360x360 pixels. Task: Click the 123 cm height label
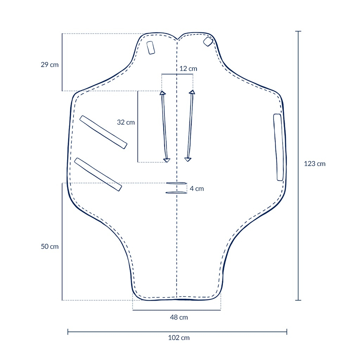(x=315, y=164)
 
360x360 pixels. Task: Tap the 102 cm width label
(x=179, y=338)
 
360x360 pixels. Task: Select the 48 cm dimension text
(x=179, y=317)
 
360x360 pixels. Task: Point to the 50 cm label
(x=50, y=246)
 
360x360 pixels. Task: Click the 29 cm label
(x=50, y=65)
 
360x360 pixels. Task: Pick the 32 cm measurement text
(x=126, y=122)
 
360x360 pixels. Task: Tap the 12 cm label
(x=188, y=69)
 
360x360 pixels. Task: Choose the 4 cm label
(x=197, y=189)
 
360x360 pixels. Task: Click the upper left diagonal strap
(x=103, y=132)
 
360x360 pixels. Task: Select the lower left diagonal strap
(x=98, y=174)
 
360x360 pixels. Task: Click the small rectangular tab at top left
(x=151, y=47)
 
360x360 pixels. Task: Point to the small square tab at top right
(x=208, y=41)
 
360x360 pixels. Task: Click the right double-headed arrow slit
(x=190, y=126)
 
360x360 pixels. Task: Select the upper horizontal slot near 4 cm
(x=176, y=183)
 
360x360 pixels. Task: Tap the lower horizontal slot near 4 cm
(x=176, y=192)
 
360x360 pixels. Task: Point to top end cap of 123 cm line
(x=298, y=32)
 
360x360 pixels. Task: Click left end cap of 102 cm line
(x=68, y=332)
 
